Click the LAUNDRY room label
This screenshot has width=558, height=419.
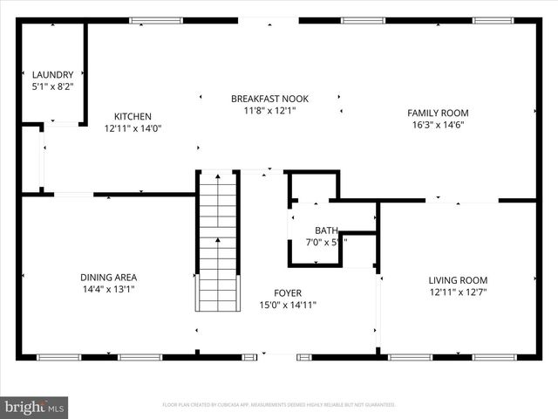click(53, 75)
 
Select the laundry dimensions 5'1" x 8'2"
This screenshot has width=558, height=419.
click(53, 87)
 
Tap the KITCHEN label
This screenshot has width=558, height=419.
click(133, 116)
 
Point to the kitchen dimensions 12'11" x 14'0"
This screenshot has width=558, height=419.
click(133, 128)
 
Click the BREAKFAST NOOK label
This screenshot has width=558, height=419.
click(269, 99)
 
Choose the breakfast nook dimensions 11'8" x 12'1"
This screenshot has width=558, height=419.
click(269, 111)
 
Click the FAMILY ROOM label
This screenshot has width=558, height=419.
click(439, 113)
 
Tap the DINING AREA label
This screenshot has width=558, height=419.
click(108, 277)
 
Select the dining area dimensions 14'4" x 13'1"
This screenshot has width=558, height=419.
click(108, 289)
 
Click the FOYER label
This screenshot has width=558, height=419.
click(287, 293)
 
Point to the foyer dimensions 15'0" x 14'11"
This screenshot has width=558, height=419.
click(287, 306)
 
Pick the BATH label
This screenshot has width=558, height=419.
click(315, 230)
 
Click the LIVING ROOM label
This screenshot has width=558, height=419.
click(458, 280)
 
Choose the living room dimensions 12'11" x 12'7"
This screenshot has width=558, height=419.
click(458, 292)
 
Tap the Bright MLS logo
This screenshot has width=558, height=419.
click(35, 407)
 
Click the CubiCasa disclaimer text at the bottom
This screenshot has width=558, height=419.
click(279, 405)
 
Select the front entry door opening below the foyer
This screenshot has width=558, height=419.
click(277, 356)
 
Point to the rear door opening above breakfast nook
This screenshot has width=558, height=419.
click(269, 20)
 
